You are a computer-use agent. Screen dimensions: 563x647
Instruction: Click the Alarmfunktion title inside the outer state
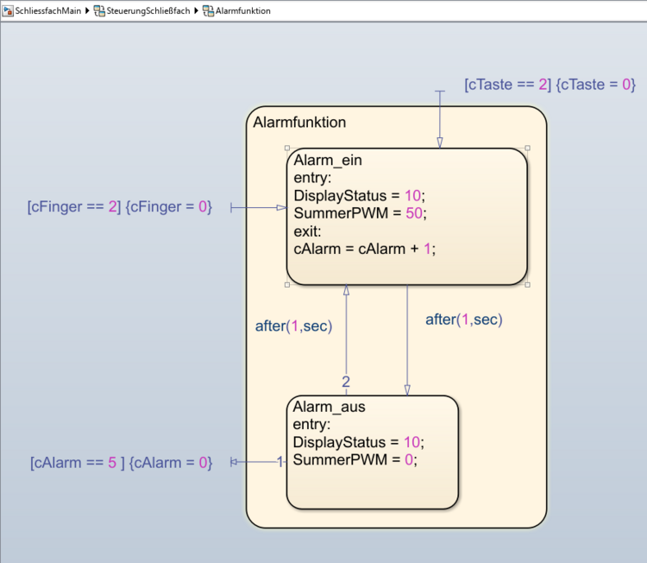click(x=299, y=123)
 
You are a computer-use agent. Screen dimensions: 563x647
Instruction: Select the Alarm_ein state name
click(x=328, y=160)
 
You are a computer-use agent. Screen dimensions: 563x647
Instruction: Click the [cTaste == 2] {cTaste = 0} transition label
click(x=550, y=85)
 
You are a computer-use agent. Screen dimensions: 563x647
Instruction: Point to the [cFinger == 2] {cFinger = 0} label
click(x=120, y=207)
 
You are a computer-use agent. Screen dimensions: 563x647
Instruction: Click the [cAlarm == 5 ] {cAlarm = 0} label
click(x=121, y=463)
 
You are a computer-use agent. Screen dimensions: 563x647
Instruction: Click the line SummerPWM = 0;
click(x=355, y=460)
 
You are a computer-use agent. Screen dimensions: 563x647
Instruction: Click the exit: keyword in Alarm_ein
click(x=308, y=231)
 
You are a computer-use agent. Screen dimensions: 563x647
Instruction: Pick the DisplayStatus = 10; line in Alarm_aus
click(x=359, y=442)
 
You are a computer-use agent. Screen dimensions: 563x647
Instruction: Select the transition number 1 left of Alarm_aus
click(x=280, y=462)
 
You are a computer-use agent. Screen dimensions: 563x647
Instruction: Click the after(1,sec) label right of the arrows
click(x=463, y=320)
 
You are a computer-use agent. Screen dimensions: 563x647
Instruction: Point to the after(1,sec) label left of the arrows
click(x=294, y=326)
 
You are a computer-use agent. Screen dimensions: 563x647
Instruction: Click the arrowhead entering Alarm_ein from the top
click(x=439, y=142)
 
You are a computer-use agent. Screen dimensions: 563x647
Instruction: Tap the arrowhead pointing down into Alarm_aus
click(x=407, y=389)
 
